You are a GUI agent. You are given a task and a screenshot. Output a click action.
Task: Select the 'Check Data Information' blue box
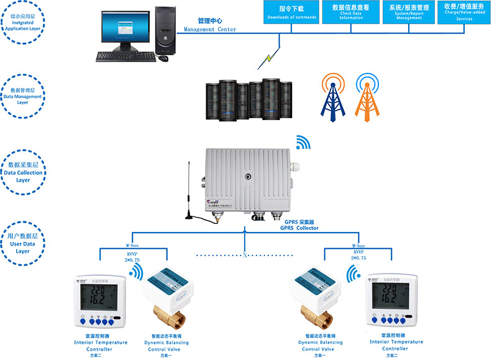coord(350,12)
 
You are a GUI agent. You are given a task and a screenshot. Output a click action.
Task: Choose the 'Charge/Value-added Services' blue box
coord(464,12)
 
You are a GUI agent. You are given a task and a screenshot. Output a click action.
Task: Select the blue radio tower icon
coord(332,96)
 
